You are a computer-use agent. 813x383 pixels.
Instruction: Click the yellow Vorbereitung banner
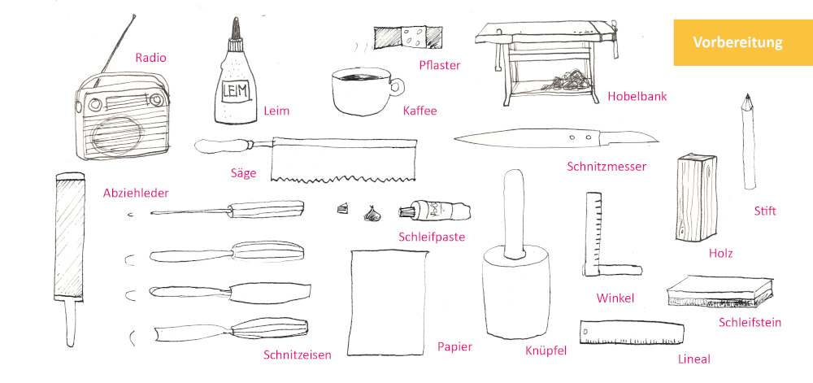coord(743,42)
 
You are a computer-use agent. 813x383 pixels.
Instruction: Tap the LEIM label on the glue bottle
coord(236,92)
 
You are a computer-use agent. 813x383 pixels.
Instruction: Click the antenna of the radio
coord(118,46)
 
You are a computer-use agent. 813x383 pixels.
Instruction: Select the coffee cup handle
coord(398,86)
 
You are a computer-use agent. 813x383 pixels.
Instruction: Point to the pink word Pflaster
coord(440,65)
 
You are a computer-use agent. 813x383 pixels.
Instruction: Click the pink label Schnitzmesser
coord(606,167)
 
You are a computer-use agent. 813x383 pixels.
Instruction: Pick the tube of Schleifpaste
coord(434,211)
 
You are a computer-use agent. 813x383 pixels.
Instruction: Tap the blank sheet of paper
coord(389,302)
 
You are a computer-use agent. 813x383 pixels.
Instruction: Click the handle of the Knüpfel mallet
coord(514,212)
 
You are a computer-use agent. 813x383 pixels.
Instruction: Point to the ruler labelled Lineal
coord(632,333)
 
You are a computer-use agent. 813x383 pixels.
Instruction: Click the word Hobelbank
coord(637,97)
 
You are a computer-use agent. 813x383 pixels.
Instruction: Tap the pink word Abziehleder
coord(136,194)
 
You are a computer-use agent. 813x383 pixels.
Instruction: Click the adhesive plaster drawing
coord(407,37)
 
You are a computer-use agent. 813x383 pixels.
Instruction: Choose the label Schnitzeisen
coord(297,355)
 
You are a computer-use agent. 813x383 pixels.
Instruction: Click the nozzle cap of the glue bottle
coord(237,29)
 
